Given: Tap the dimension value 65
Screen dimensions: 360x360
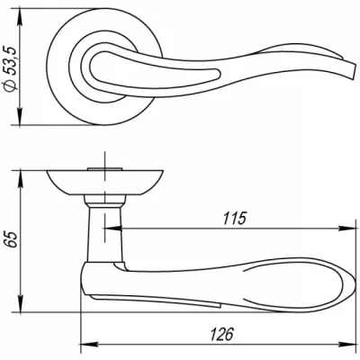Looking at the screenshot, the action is (x=12, y=239).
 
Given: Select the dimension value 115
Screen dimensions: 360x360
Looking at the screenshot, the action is (x=234, y=219).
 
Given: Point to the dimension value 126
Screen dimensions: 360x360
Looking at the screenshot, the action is (x=221, y=334).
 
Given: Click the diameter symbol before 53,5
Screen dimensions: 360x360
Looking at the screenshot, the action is (x=11, y=86).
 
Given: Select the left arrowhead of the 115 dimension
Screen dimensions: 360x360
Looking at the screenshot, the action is (x=112, y=229).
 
